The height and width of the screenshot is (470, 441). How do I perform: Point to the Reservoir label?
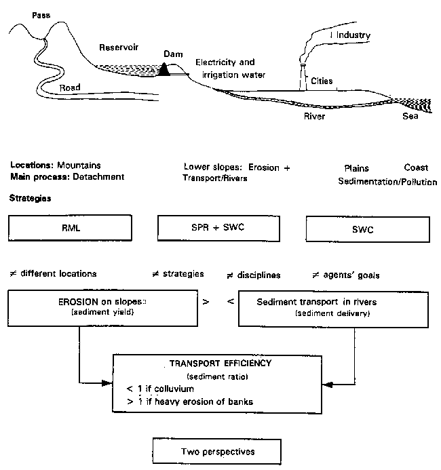click(x=118, y=47)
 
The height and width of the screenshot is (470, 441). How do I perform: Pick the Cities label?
click(x=322, y=81)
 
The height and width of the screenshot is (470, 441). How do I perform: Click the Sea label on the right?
click(x=409, y=116)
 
